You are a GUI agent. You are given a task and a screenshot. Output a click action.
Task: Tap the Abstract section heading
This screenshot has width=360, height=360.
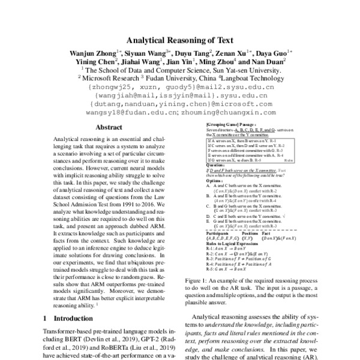(x=109, y=127)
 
